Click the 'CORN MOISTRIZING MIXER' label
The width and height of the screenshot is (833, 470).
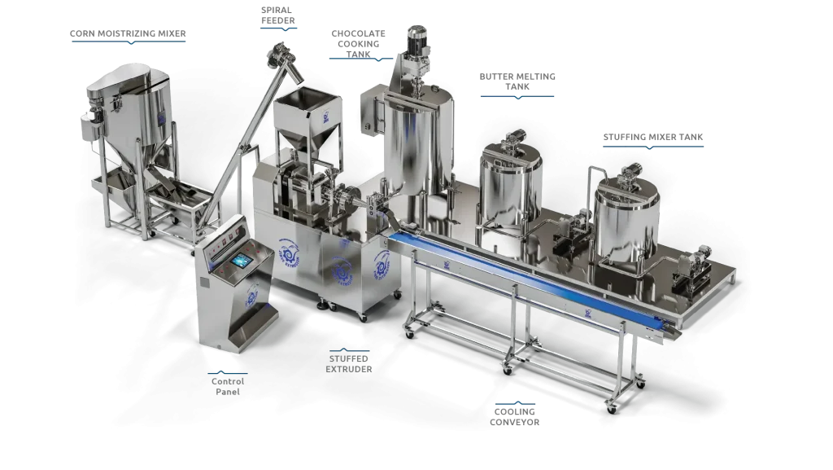[x=128, y=33]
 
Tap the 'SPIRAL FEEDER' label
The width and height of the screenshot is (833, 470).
[x=278, y=15]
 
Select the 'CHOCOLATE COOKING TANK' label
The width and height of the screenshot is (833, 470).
[x=359, y=44]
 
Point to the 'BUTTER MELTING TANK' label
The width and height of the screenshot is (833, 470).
[x=517, y=81]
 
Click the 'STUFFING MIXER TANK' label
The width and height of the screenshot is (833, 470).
[x=653, y=137]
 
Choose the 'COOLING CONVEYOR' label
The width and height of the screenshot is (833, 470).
[x=514, y=417]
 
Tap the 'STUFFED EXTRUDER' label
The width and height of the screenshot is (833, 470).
[x=348, y=363]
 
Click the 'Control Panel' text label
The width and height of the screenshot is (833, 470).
[x=228, y=387]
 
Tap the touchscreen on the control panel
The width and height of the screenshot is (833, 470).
[x=241, y=261]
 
